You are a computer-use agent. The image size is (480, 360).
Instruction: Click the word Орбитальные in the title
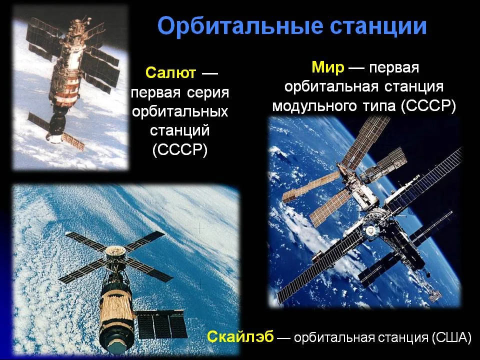click(240, 26)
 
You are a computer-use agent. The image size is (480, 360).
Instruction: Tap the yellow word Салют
click(170, 73)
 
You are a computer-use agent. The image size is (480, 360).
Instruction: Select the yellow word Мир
click(328, 67)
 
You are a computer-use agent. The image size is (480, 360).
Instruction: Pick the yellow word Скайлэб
click(240, 337)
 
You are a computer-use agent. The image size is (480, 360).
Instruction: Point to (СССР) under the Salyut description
click(180, 150)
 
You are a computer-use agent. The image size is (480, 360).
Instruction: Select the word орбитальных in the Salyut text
click(180, 111)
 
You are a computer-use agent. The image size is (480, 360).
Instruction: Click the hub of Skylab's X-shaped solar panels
click(115, 251)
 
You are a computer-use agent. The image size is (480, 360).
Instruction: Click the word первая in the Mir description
click(393, 68)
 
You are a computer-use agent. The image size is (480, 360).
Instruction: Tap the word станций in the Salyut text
click(180, 130)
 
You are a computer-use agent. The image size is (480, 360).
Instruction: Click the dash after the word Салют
click(209, 73)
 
